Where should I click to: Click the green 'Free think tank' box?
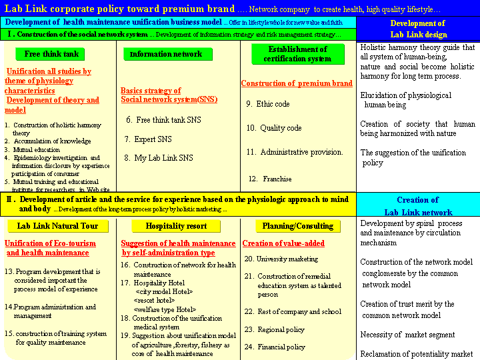point(51,54)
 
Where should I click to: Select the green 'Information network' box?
point(166,54)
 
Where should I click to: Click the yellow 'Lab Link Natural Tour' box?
point(57,226)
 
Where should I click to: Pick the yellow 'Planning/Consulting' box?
point(297,226)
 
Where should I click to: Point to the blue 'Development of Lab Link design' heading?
point(418,29)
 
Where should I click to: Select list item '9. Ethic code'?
point(268,104)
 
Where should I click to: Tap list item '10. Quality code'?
point(274,128)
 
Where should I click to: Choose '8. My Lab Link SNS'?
point(159,158)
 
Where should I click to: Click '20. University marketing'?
point(281,259)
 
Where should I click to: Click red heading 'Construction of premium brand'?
point(297,84)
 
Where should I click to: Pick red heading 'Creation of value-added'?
point(284,243)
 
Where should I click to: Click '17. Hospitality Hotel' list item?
point(153,283)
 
